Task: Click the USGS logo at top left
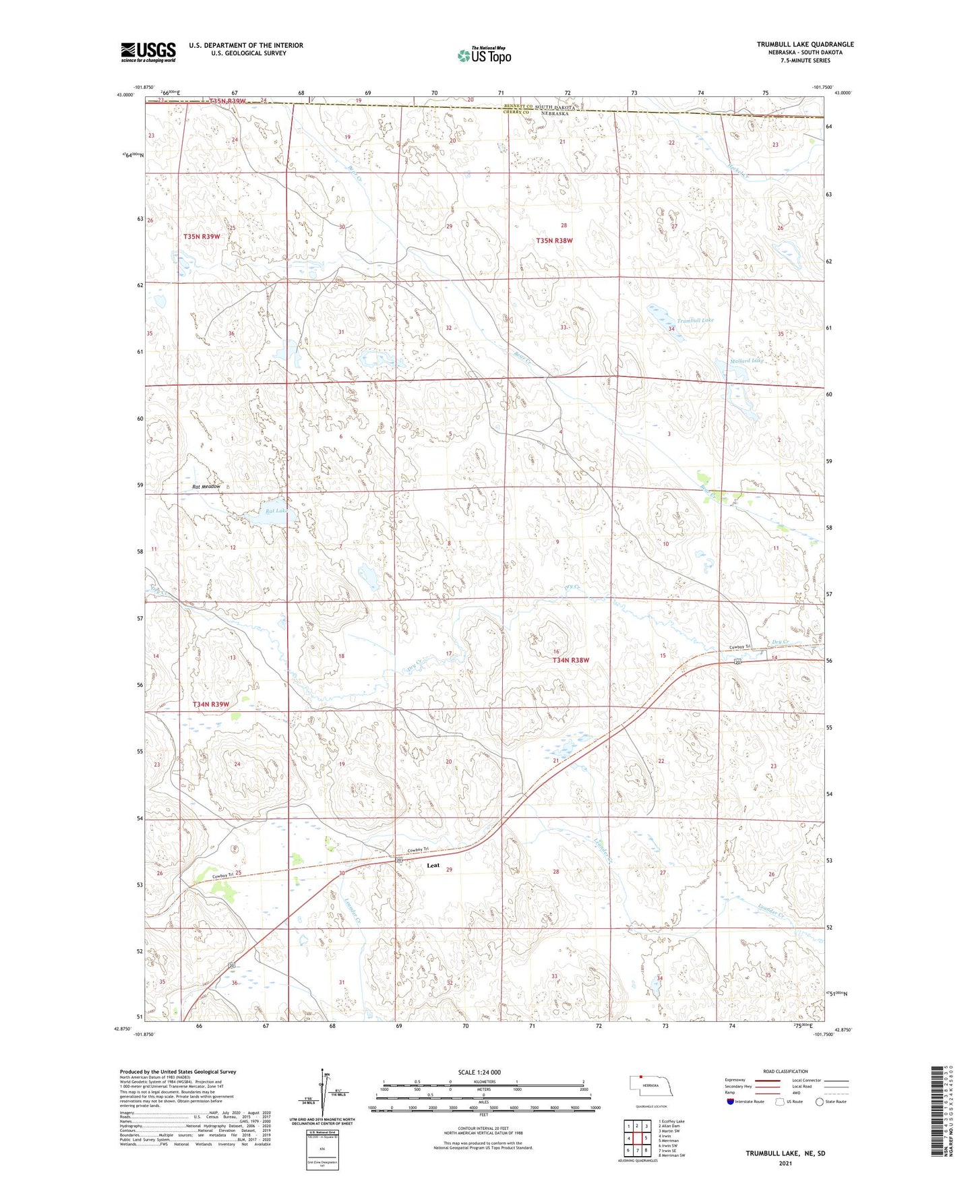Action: (x=148, y=52)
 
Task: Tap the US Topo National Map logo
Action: (x=483, y=55)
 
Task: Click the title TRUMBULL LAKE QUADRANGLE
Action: (x=805, y=44)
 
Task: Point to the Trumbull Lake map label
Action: (x=695, y=320)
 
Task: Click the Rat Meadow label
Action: (x=206, y=486)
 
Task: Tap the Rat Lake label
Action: (x=276, y=511)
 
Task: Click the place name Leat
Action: (x=433, y=866)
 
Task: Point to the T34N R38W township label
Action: (x=571, y=661)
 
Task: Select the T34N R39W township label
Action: (x=211, y=704)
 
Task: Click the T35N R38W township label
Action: (x=554, y=241)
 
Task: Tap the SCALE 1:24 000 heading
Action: (x=479, y=1073)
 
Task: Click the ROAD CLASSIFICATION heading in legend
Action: (x=785, y=1071)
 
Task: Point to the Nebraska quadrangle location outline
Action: (x=650, y=1086)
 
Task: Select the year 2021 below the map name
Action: (x=785, y=1164)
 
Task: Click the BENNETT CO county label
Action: (x=518, y=107)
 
